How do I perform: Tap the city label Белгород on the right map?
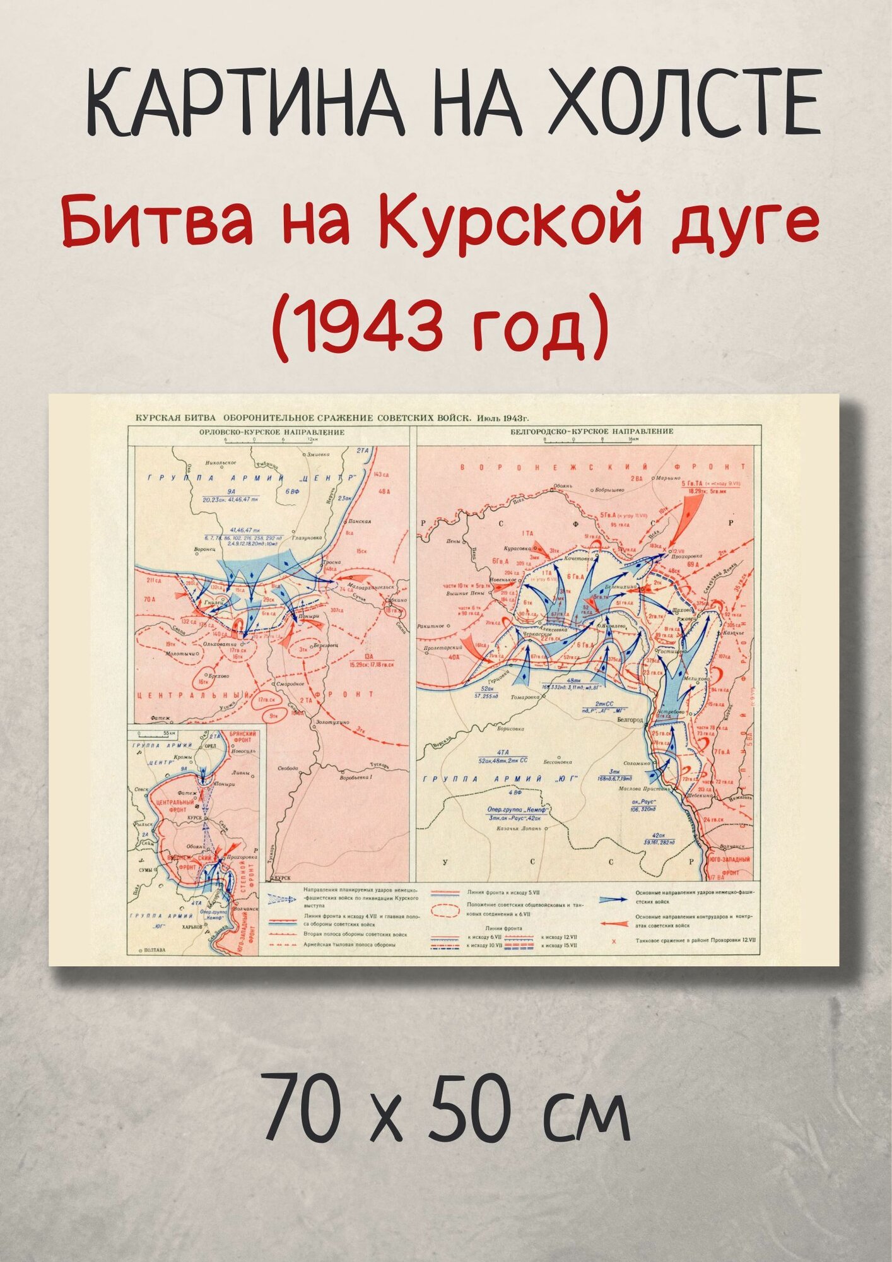coord(630,719)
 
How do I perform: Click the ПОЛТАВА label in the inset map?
coord(155,950)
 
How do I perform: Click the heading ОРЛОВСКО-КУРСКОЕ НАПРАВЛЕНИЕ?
coord(271,432)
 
